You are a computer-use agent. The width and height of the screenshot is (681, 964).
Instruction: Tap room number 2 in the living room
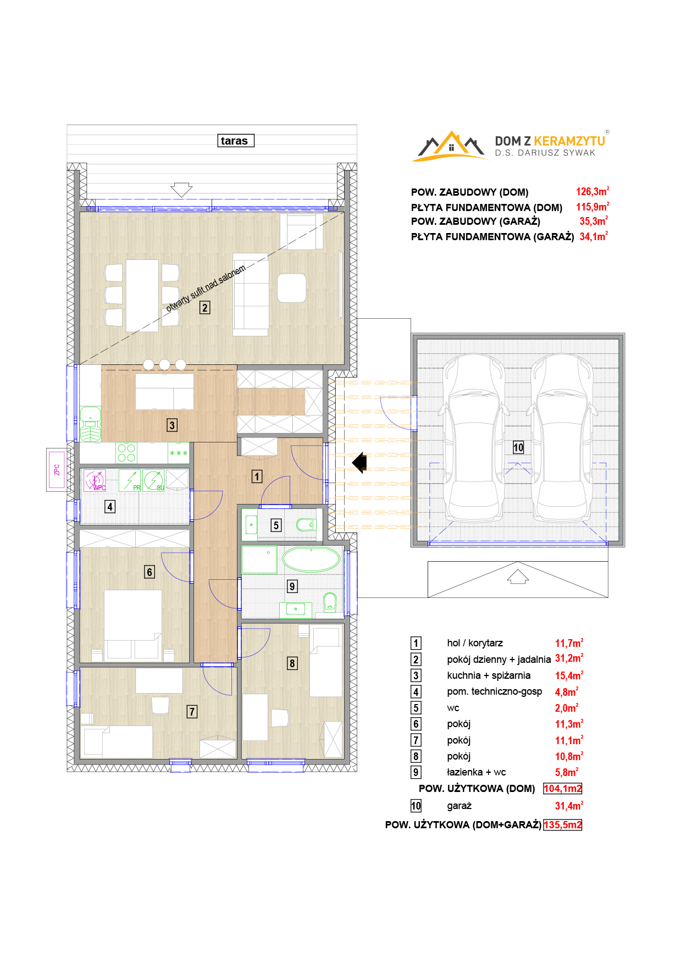[x=204, y=308]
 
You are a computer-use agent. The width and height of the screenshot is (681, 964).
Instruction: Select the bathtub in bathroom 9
[x=311, y=559]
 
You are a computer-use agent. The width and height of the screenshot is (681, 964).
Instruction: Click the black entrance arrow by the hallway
[x=359, y=462]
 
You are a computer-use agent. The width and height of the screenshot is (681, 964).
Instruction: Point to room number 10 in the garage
[x=518, y=447]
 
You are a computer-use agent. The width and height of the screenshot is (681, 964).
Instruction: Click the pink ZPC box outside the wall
[x=57, y=469]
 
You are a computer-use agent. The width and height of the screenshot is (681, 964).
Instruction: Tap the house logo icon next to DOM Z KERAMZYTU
[x=451, y=147]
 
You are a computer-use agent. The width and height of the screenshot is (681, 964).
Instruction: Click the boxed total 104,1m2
[x=562, y=789]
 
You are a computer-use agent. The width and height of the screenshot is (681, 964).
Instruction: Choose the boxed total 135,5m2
[x=562, y=825]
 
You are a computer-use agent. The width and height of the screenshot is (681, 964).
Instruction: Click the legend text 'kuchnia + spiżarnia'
[x=489, y=675]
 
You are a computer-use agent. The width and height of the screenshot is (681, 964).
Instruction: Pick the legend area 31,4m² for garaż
[x=569, y=806]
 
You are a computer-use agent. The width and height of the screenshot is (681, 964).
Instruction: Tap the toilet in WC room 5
[x=306, y=525]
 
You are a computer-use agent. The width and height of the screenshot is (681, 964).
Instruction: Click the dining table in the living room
[x=142, y=296]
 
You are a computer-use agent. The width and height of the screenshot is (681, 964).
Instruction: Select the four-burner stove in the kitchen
[x=126, y=453]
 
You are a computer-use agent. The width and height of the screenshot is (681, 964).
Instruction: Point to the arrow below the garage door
[x=518, y=577]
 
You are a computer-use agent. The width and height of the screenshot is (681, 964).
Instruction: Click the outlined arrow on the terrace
[x=181, y=190]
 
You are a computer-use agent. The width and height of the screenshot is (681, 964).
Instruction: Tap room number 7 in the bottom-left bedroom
[x=192, y=712]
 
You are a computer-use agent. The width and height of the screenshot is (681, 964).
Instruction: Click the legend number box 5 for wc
[x=416, y=708]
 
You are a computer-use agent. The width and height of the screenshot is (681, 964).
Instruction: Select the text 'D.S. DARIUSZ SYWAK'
[x=545, y=153]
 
